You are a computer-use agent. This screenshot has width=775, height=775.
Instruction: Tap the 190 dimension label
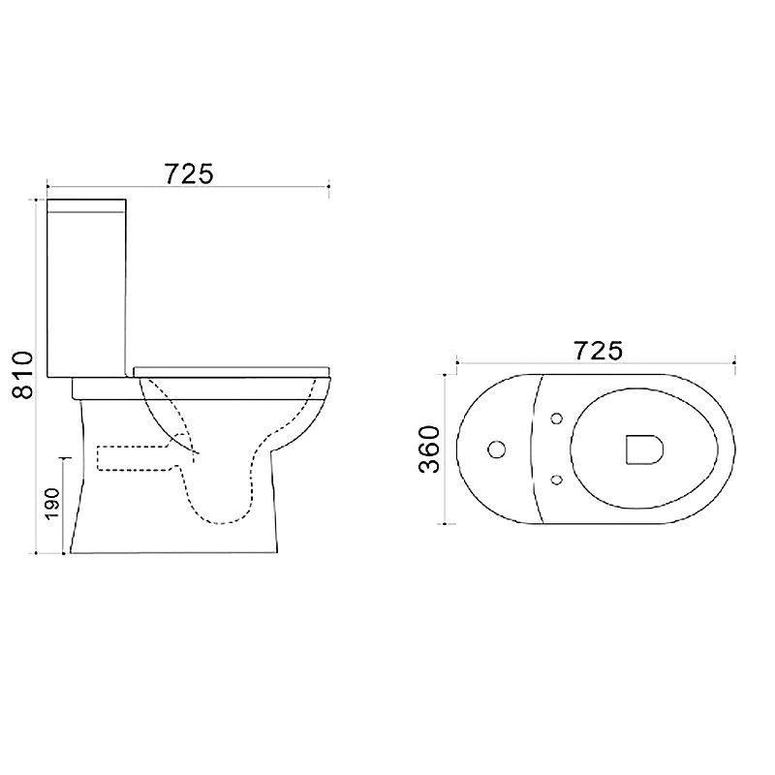[52, 504]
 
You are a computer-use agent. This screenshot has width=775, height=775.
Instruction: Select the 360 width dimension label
[428, 449]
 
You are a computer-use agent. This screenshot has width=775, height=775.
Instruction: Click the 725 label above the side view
[189, 174]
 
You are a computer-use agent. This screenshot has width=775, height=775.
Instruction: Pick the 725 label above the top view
[598, 351]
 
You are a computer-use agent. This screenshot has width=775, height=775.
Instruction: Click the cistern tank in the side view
[86, 288]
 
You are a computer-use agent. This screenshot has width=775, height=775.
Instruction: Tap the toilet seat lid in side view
[232, 372]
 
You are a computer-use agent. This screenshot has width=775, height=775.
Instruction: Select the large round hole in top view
[496, 449]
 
